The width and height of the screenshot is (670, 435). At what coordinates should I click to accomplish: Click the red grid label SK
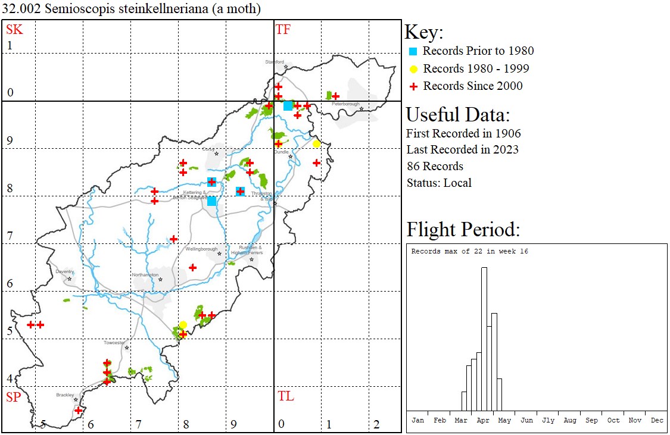14,29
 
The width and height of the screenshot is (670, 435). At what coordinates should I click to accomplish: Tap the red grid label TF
283,29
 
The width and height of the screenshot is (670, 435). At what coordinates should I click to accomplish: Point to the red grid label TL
286,396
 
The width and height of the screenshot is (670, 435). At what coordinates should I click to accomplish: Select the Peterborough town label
346,104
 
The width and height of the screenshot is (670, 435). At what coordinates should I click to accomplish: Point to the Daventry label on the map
64,271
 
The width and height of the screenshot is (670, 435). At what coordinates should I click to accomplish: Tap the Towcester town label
114,343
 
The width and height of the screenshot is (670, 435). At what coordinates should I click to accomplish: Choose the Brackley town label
65,395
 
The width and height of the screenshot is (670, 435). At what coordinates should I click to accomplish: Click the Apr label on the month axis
483,420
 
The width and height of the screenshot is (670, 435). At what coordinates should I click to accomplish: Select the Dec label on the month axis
657,420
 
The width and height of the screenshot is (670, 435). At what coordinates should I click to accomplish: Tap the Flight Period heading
463,229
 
